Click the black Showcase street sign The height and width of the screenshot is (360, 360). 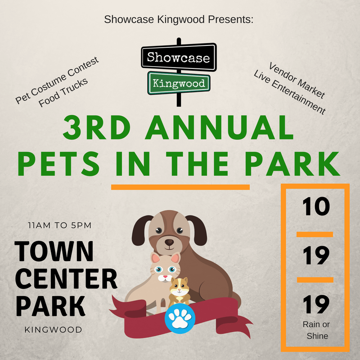(x=179, y=57)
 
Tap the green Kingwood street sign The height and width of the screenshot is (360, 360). (x=179, y=83)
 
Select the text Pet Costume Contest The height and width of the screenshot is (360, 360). (x=57, y=80)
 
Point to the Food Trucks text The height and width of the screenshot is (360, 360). (x=63, y=93)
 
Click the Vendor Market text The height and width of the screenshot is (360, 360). (x=297, y=80)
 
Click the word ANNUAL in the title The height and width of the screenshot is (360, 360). (x=219, y=128)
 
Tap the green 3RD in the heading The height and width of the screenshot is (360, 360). (x=97, y=128)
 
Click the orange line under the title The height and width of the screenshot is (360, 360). (x=180, y=187)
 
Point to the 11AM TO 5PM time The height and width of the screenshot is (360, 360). (x=60, y=225)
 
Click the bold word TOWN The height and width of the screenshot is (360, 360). (x=54, y=252)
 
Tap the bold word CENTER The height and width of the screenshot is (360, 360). (x=66, y=279)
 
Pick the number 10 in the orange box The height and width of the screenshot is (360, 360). (x=316, y=206)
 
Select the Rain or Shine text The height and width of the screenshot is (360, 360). (x=316, y=330)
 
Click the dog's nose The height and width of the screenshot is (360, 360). (x=170, y=242)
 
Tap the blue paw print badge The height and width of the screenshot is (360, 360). (x=180, y=319)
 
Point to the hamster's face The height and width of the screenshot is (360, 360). (x=179, y=287)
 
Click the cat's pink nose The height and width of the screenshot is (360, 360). (x=165, y=277)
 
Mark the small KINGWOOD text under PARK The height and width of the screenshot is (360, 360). (x=53, y=330)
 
